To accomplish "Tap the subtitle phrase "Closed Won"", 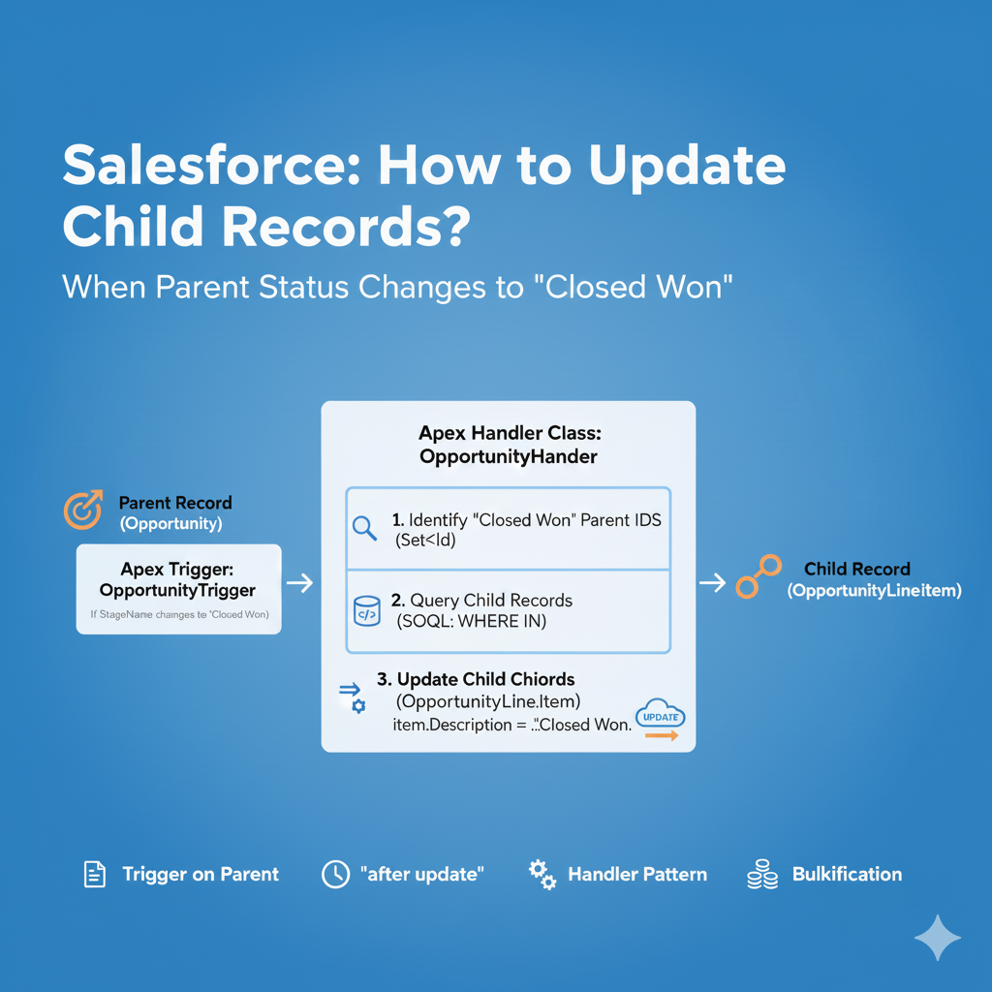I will [x=639, y=287].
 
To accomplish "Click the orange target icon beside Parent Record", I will [x=82, y=511].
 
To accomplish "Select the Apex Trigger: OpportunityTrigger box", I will [x=178, y=589].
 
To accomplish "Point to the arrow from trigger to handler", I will [x=300, y=583].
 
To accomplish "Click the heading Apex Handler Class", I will [x=509, y=433].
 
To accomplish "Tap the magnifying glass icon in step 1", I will [x=365, y=529].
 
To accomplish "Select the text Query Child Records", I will [x=491, y=600].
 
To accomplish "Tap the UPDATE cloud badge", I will [x=662, y=717].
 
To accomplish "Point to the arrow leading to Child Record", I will [x=712, y=582].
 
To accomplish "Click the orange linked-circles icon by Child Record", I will [x=758, y=576].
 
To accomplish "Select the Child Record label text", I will [x=857, y=569].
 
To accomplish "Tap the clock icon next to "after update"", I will [x=334, y=875].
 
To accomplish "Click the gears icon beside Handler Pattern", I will [x=542, y=875].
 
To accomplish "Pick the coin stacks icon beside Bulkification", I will [x=760, y=875].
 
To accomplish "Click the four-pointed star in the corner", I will [x=938, y=937].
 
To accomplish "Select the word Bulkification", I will [x=847, y=875].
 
